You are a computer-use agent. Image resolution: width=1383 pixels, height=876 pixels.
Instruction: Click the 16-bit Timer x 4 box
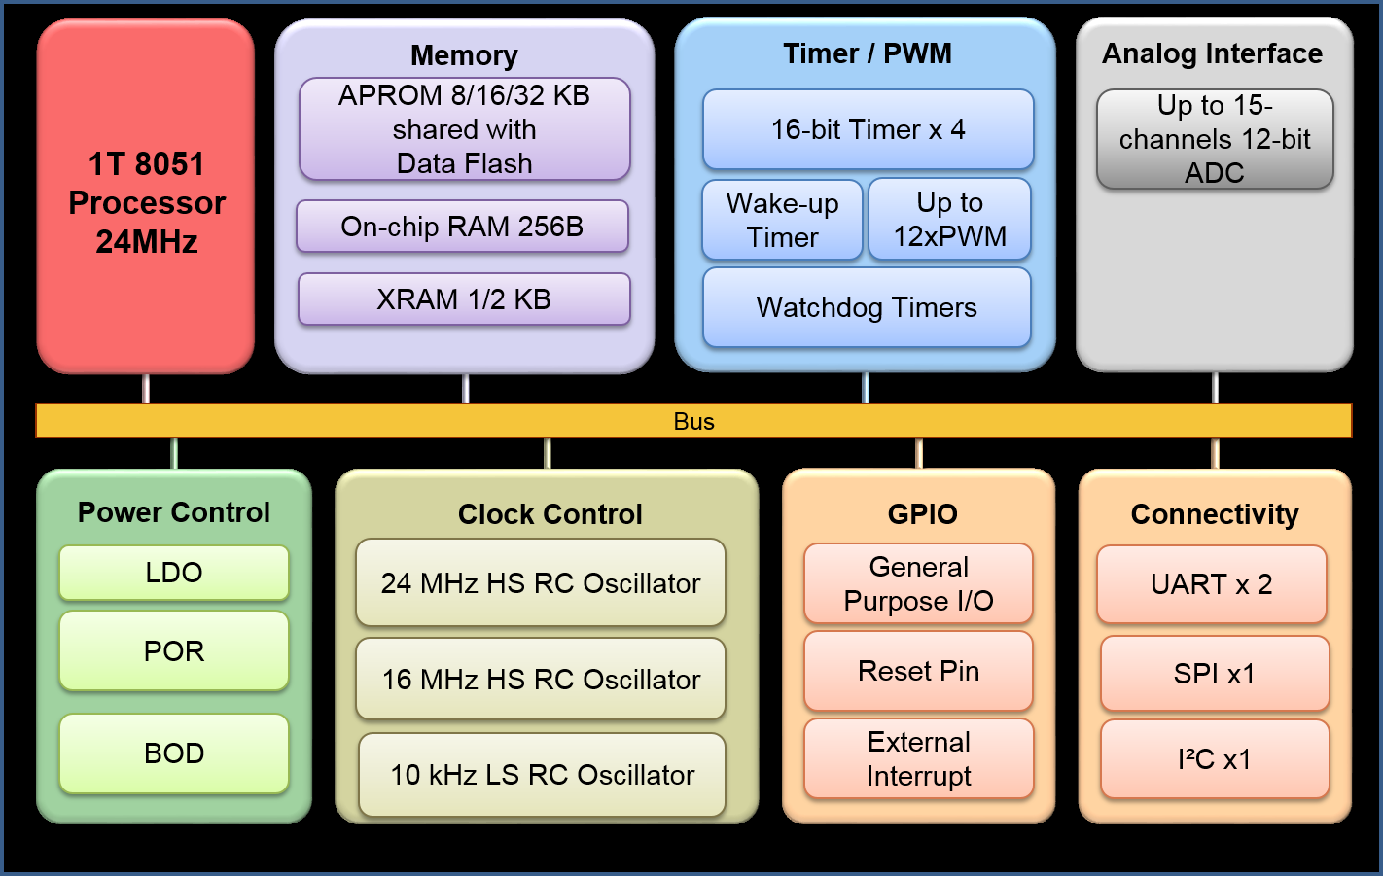click(868, 129)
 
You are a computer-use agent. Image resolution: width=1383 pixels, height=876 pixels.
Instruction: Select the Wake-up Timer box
click(782, 220)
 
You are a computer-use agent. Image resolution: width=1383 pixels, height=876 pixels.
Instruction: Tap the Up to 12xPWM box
click(949, 219)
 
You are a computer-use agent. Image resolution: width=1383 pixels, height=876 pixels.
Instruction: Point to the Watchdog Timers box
click(867, 307)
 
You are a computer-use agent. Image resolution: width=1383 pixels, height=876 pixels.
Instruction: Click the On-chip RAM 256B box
click(462, 227)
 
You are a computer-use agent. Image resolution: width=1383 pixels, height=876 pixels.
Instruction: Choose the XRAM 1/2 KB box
click(464, 299)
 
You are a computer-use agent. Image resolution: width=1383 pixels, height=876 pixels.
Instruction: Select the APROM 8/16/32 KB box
click(464, 129)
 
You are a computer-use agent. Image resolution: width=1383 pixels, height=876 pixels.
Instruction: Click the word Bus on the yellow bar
click(693, 421)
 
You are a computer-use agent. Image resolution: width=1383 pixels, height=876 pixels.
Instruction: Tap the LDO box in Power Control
click(174, 573)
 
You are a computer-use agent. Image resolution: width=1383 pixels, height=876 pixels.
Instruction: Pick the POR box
click(174, 650)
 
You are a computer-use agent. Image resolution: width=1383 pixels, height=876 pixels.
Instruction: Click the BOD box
click(174, 753)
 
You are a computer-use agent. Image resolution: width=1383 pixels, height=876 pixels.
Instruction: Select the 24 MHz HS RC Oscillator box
click(541, 582)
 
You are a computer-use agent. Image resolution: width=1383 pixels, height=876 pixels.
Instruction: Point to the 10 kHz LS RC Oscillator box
click(542, 775)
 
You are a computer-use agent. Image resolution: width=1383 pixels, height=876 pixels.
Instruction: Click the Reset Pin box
click(918, 671)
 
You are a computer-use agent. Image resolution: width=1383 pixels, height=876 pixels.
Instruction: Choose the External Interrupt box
click(918, 758)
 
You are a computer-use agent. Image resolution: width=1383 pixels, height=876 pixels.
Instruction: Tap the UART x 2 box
click(1212, 584)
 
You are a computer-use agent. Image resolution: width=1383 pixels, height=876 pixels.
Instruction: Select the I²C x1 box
click(1215, 759)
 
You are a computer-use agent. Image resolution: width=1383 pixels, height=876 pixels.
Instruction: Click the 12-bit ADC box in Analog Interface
click(1215, 139)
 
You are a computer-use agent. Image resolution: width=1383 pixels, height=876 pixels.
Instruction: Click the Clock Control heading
click(550, 514)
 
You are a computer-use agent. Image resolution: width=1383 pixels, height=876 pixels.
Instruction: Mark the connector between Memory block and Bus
click(466, 388)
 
